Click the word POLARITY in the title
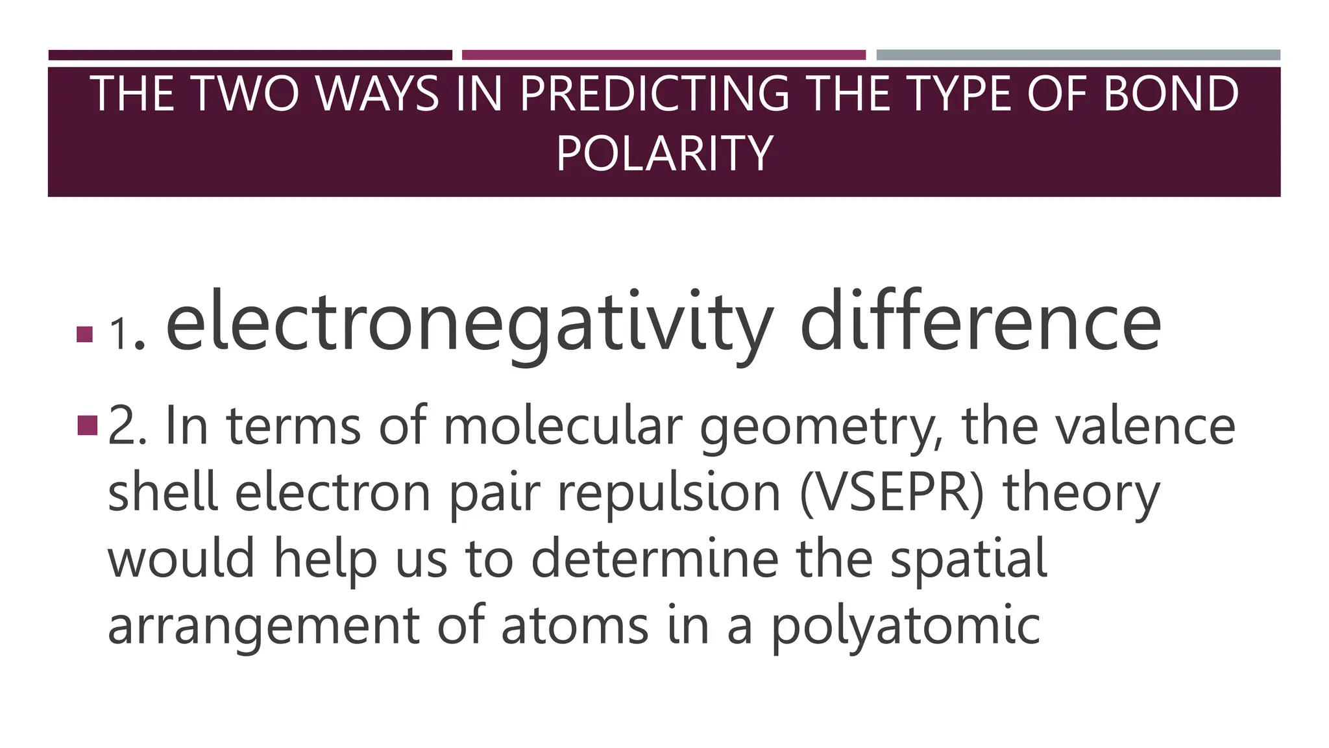(x=664, y=153)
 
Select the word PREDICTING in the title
(x=654, y=94)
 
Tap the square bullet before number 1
(x=84, y=334)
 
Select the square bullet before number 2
(x=87, y=425)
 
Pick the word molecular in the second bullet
(x=563, y=427)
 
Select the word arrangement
(x=263, y=627)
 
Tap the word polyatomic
(x=906, y=627)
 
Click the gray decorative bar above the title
(x=1078, y=55)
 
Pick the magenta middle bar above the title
(x=664, y=55)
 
